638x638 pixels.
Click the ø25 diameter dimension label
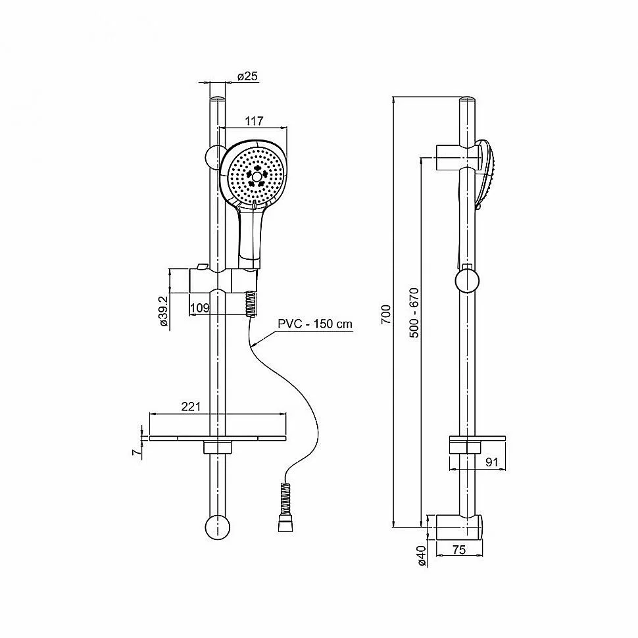[x=247, y=76]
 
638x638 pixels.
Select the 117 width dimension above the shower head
[x=255, y=121]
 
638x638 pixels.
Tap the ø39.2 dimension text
[x=164, y=311]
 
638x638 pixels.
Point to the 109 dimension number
[x=200, y=308]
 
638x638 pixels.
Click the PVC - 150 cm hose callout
[x=315, y=324]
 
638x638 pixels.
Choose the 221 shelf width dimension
[x=191, y=406]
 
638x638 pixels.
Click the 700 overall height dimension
[x=385, y=314]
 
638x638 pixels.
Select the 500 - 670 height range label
[x=414, y=312]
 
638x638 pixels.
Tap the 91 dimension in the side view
[x=492, y=462]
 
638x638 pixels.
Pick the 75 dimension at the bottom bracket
[x=458, y=550]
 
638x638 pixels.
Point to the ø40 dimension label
[x=422, y=555]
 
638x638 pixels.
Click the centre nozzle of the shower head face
[x=257, y=176]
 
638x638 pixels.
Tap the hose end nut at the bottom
[x=285, y=526]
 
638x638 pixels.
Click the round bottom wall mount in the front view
[x=218, y=528]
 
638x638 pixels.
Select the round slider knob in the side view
[x=468, y=281]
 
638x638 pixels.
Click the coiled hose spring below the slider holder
[x=251, y=303]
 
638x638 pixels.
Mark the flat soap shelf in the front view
[x=218, y=438]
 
